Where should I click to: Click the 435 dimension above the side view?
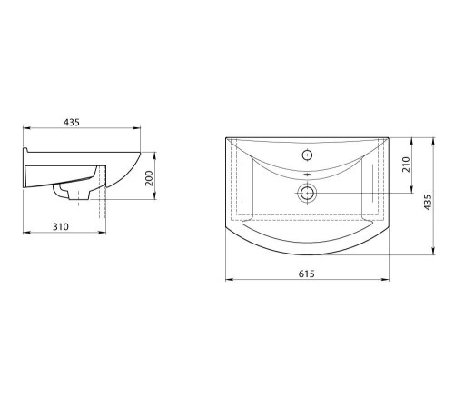click(x=72, y=123)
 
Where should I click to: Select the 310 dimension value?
click(x=61, y=226)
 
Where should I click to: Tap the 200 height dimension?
click(x=149, y=178)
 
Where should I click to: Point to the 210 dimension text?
click(x=406, y=165)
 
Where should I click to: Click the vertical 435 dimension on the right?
click(x=428, y=202)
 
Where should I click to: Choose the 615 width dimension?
click(x=307, y=274)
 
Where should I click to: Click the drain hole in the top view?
click(x=307, y=193)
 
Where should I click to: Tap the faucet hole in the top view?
click(x=307, y=155)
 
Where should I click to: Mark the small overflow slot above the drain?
click(x=307, y=175)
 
